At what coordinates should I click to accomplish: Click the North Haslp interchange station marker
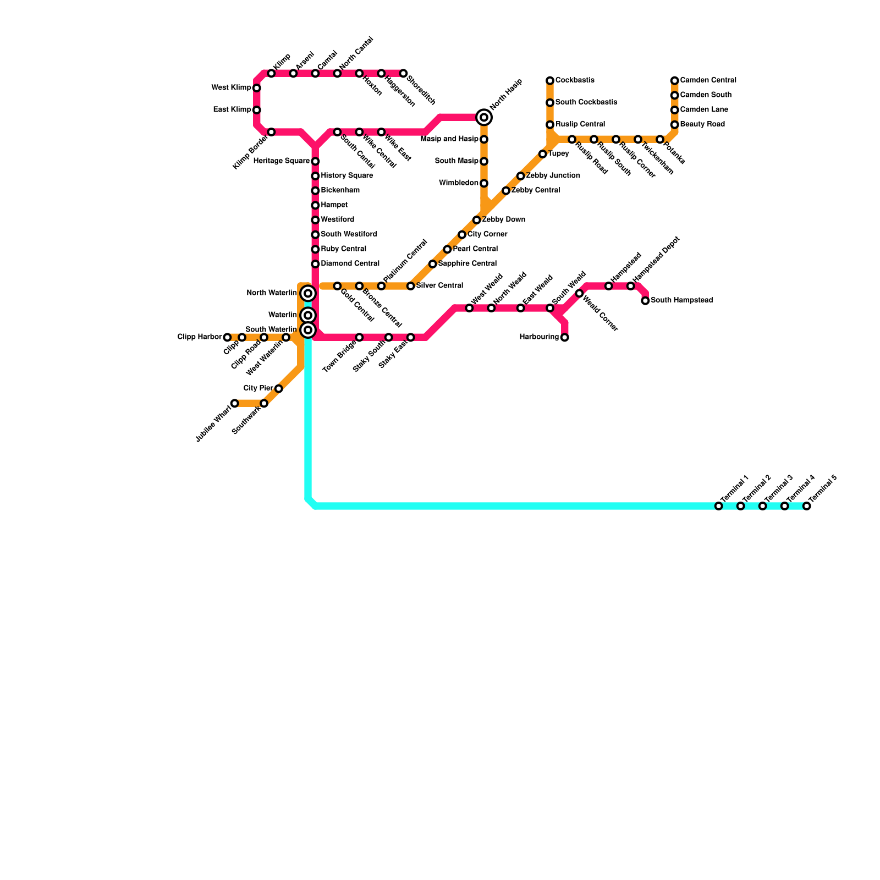pos(484,117)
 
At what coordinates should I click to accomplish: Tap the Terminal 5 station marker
pos(806,506)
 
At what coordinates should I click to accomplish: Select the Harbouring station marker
pos(564,337)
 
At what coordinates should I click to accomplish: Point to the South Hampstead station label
pos(681,300)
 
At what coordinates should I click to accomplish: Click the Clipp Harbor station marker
pos(227,337)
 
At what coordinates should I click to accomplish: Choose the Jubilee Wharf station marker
pos(235,403)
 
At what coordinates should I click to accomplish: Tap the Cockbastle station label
pos(575,80)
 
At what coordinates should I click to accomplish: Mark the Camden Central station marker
pos(674,81)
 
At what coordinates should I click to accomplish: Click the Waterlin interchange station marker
pos(308,315)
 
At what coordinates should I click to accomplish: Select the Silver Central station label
pos(439,285)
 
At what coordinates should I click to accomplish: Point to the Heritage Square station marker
pos(315,161)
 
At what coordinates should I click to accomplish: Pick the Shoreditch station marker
pos(403,74)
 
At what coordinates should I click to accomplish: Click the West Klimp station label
pos(231,87)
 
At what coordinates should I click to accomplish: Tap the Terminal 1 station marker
pos(718,506)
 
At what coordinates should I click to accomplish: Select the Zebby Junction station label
pos(553,175)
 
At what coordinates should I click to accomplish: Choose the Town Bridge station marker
pos(359,337)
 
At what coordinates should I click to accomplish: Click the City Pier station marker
pos(278,389)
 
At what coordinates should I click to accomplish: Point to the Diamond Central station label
pos(350,263)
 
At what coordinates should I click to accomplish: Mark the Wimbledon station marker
pos(484,183)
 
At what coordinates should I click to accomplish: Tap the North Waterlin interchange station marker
pos(308,293)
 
